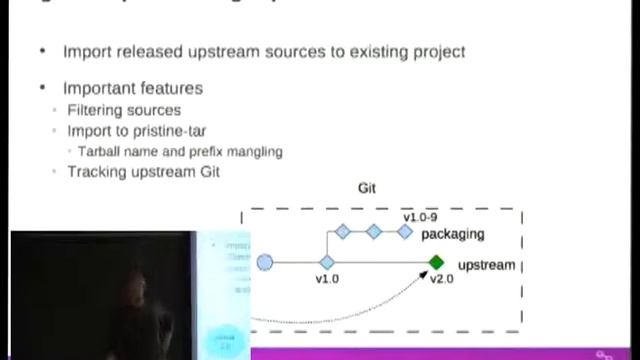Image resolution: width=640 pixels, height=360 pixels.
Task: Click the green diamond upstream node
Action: point(436,263)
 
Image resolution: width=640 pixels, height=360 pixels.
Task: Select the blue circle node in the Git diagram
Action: point(265,263)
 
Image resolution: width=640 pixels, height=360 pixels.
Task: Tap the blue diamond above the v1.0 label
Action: point(327,263)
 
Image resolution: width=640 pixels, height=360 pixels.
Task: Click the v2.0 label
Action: point(442,280)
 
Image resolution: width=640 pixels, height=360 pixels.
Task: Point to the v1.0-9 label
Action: point(422,217)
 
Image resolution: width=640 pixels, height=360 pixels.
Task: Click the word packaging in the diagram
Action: point(452,234)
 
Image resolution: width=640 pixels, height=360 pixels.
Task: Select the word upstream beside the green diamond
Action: point(486,265)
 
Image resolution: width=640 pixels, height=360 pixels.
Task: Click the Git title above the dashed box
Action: point(367,188)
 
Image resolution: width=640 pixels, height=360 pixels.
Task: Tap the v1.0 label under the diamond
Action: point(327,280)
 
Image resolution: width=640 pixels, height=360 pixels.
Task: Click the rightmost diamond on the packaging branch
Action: point(405,232)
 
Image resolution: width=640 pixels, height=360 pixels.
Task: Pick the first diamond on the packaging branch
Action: point(342,232)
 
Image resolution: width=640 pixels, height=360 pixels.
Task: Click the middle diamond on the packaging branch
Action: point(374,232)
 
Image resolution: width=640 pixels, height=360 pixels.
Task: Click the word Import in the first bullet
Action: point(86,51)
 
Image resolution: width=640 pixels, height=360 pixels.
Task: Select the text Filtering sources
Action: point(125,109)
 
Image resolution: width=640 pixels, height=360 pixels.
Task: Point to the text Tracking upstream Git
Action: point(143,171)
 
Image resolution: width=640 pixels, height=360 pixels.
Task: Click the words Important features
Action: point(132,88)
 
